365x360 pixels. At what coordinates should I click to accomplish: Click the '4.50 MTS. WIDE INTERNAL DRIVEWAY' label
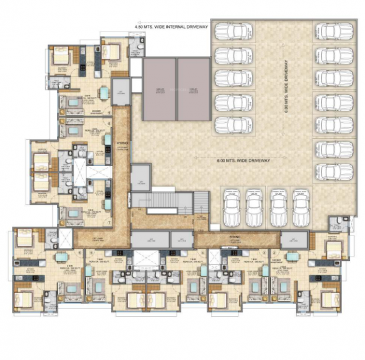172,26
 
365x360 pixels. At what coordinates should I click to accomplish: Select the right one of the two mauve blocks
193,90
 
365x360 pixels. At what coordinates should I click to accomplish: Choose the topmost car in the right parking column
333,32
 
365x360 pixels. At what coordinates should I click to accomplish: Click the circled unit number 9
109,112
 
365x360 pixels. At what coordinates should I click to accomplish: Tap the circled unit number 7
109,223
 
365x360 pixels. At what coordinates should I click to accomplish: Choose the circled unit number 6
91,252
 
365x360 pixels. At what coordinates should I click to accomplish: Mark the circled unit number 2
275,252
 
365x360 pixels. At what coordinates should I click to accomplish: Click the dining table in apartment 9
103,93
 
